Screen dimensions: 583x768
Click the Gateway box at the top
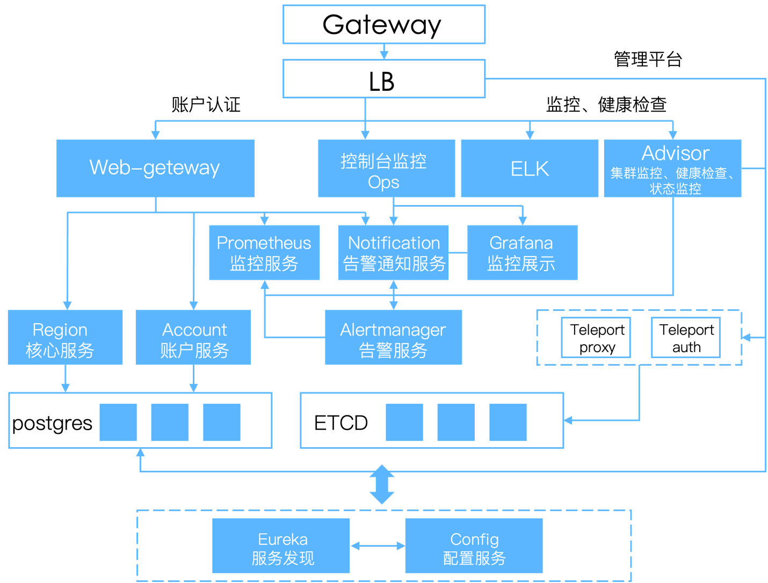(384, 25)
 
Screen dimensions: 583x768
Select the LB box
(384, 79)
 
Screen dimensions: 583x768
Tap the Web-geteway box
(155, 168)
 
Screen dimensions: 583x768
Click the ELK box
(530, 168)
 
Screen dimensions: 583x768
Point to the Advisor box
(672, 168)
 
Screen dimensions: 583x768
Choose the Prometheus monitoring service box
(264, 252)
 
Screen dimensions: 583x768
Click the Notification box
(393, 252)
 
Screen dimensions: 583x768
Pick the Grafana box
(522, 252)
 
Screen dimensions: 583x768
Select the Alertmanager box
(393, 337)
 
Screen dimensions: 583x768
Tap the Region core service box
(65, 337)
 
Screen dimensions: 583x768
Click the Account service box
(193, 337)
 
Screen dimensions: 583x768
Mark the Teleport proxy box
(596, 338)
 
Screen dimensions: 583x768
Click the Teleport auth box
(686, 338)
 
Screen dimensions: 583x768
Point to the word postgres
(52, 423)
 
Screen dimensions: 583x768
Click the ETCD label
(341, 423)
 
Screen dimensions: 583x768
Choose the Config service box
(474, 545)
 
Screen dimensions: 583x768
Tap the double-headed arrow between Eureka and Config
(378, 546)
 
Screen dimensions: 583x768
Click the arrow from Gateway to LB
(384, 52)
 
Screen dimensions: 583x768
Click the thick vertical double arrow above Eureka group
(382, 485)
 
